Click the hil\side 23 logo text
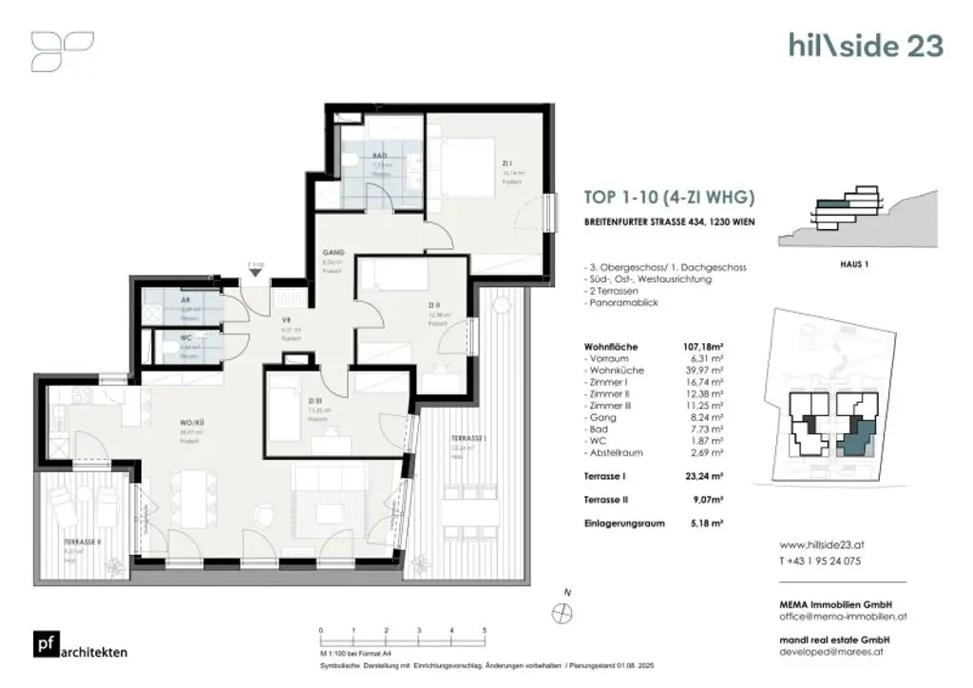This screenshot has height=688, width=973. coord(866,45)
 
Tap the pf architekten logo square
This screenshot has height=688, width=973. coord(45,642)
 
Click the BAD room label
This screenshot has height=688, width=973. coord(380,155)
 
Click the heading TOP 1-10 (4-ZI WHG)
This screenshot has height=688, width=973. coord(669,199)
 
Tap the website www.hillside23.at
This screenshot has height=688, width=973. coord(822,546)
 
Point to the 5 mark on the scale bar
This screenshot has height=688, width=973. coord(486,630)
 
